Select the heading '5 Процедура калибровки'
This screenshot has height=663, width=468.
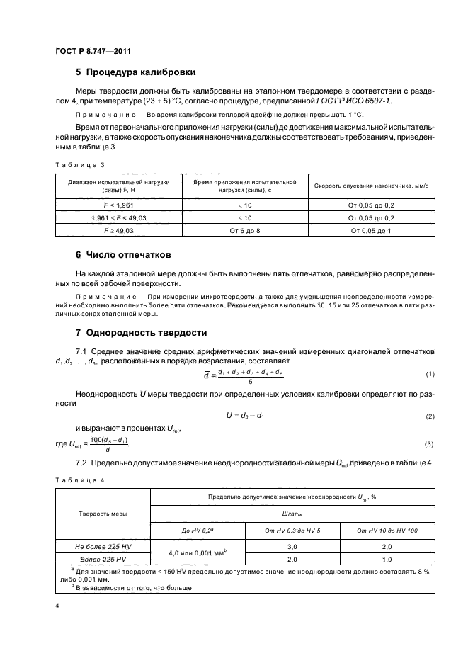click(135, 72)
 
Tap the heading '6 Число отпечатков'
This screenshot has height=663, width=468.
click(122, 254)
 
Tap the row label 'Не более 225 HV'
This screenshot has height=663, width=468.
click(103, 547)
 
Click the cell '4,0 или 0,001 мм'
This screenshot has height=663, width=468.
click(198, 552)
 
